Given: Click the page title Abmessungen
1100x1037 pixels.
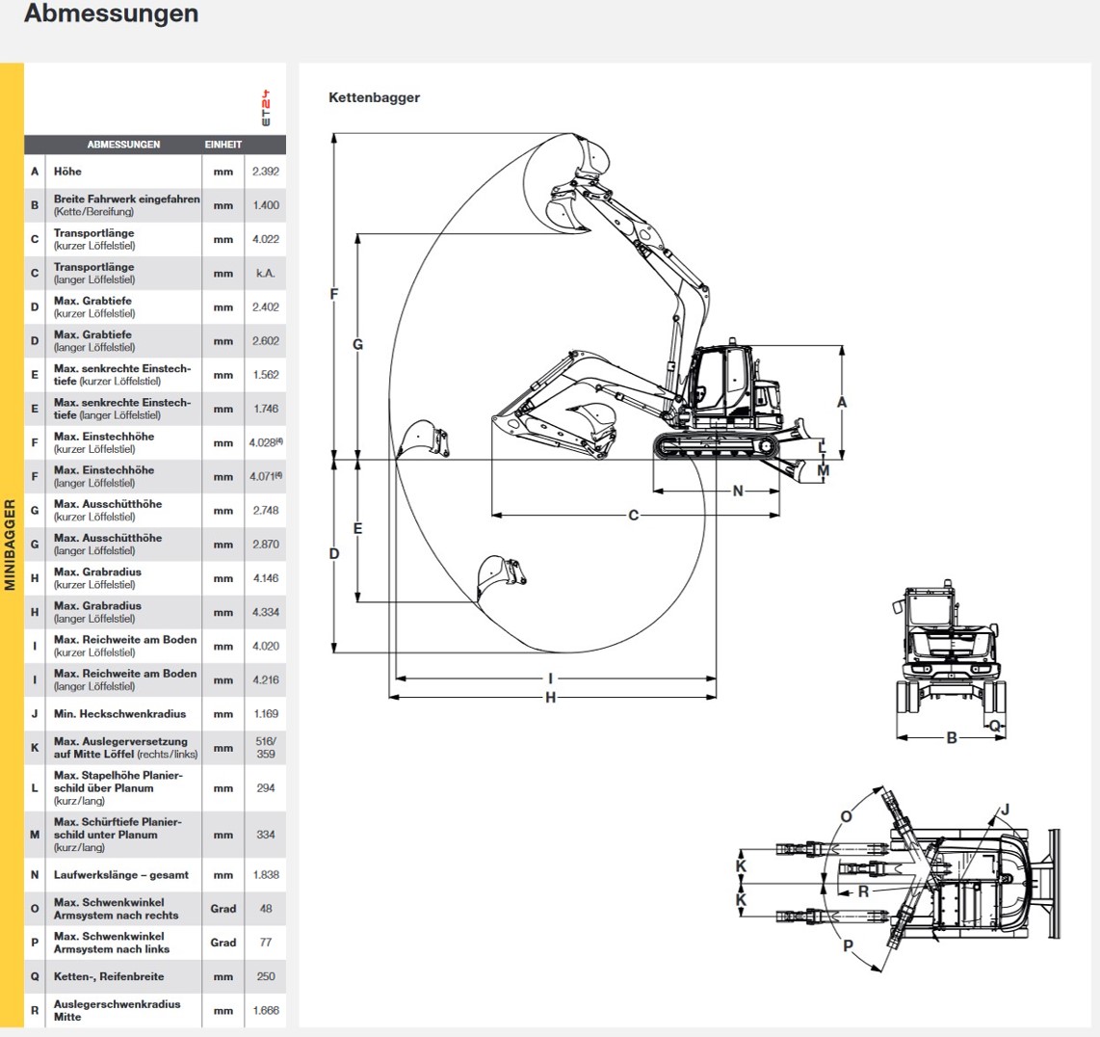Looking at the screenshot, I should click(x=111, y=14).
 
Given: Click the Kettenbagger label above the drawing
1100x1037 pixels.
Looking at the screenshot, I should click(x=374, y=97).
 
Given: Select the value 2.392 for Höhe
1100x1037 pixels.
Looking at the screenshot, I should click(x=266, y=172).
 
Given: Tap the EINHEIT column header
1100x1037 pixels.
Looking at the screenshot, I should click(x=223, y=145).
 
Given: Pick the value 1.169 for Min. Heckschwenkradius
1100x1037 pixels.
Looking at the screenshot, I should click(x=266, y=714).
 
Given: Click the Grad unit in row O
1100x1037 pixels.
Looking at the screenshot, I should click(x=223, y=909).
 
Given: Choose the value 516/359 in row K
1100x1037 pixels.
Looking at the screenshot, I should click(x=266, y=748).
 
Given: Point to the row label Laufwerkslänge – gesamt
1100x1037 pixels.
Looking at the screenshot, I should click(x=121, y=875).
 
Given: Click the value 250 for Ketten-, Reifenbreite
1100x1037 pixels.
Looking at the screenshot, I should click(x=266, y=976).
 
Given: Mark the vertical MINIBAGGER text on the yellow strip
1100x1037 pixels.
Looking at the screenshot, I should click(x=11, y=545).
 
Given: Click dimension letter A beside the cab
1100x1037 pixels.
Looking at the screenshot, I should click(x=842, y=402).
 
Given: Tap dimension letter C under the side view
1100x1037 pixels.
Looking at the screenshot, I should click(x=633, y=516).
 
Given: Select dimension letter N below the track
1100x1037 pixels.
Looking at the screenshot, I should click(x=738, y=492).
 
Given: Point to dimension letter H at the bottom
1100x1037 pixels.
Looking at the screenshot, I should click(x=550, y=697).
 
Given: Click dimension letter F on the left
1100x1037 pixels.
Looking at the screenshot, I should click(x=334, y=294).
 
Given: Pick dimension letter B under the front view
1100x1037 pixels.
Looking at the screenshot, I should click(x=952, y=738).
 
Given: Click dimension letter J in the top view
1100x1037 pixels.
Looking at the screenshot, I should click(x=1005, y=810).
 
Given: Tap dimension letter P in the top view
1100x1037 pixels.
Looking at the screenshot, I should click(x=848, y=946).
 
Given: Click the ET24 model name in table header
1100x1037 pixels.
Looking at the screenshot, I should click(x=266, y=109).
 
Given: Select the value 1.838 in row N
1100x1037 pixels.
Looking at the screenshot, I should click(x=266, y=875).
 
